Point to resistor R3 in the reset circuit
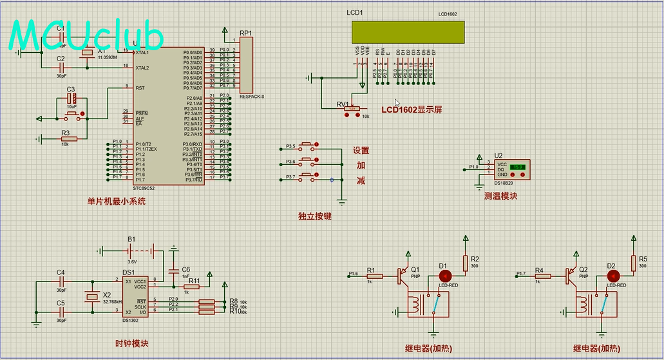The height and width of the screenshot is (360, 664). pos(69,138)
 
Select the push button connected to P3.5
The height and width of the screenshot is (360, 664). pos(308,145)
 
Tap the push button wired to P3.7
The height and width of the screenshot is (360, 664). pos(308,176)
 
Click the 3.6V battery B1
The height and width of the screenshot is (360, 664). pos(131,250)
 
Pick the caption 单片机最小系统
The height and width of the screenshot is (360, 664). pos(117,202)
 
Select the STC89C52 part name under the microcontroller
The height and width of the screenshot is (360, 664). pos(144,188)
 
